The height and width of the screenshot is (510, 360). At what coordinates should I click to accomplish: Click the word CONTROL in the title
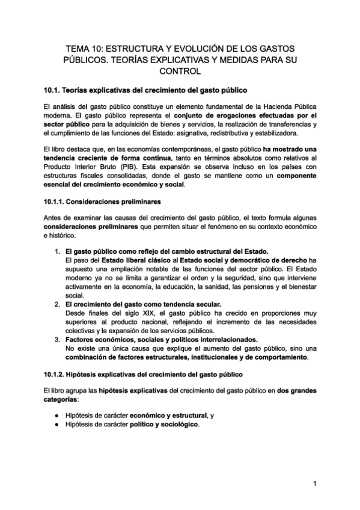pos(180,72)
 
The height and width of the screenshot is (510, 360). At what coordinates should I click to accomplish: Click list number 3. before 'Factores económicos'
pos(57,339)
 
